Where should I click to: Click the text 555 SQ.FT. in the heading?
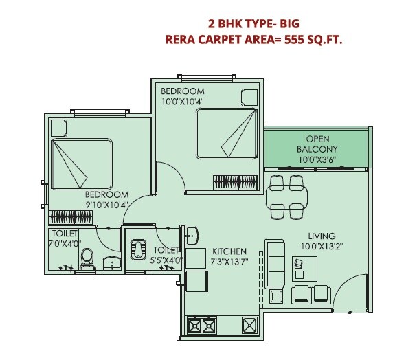click(x=312, y=39)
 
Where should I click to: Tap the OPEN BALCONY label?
click(x=317, y=149)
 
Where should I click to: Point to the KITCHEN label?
click(x=228, y=251)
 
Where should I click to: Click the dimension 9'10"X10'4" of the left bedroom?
click(x=108, y=205)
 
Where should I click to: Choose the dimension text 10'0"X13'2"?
click(x=322, y=245)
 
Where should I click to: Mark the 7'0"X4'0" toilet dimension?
click(x=66, y=243)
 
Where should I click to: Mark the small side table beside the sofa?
click(x=276, y=297)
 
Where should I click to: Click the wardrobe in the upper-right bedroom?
click(x=236, y=181)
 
